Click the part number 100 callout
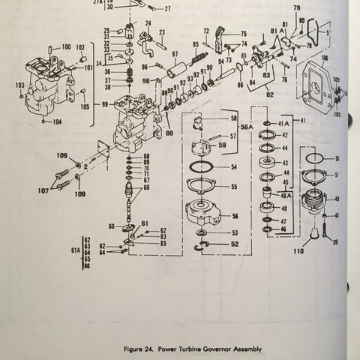pos(66,46)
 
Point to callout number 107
pos(43,190)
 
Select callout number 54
pos(233,166)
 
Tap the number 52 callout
pos(235,244)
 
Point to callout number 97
pos(175,54)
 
